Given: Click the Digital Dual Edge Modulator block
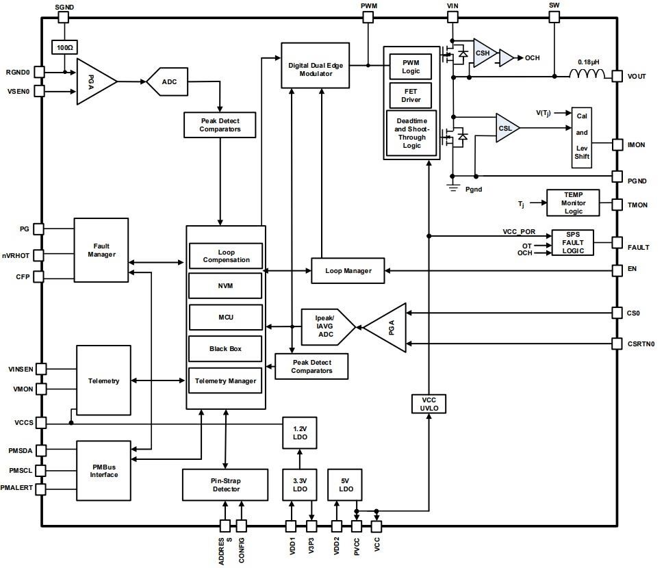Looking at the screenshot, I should pos(320,65).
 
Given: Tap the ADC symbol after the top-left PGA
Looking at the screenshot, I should pos(168,81).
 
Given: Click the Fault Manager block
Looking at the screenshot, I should pos(101,250).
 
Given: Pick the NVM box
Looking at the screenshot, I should pos(225,285).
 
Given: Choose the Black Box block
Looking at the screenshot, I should pos(225,349).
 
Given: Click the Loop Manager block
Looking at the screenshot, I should pos(348,271).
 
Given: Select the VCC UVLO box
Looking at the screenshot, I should pos(429,404).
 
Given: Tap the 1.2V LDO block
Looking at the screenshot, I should pos(298,431).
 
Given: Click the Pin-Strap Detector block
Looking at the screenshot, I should pos(225,485).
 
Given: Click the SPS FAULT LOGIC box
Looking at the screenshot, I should pos(573,242).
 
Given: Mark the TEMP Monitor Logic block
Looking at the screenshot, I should pos(573,203).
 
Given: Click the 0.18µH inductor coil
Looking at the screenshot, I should pos(587,75).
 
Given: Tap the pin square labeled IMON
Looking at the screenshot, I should pos(617,144).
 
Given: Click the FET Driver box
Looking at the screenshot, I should pos(411,95).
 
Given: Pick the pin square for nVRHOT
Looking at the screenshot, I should pos(39,255).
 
